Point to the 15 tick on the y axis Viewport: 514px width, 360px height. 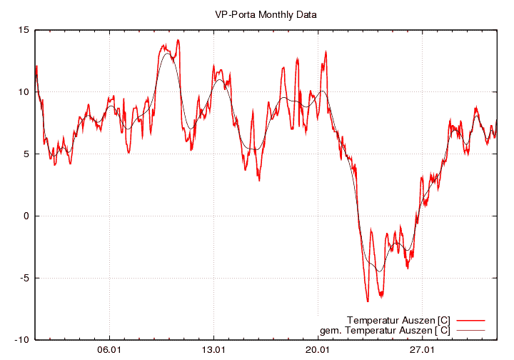(24, 30)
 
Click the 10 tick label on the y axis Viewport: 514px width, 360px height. (24, 92)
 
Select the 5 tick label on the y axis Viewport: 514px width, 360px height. (26, 154)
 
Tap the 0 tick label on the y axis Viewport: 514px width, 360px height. (26, 216)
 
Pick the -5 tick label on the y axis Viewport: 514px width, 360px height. (24, 278)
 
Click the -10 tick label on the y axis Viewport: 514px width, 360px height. (22, 340)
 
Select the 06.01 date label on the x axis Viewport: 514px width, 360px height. (109, 350)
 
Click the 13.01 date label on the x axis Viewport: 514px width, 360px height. (213, 350)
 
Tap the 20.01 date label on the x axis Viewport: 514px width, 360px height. (318, 350)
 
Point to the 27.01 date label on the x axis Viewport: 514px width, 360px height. (422, 350)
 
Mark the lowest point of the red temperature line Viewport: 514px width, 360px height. (368, 301)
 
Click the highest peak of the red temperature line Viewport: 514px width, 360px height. (178, 40)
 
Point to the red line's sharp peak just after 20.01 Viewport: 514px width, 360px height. (326, 51)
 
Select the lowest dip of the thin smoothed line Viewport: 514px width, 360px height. (380, 271)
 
